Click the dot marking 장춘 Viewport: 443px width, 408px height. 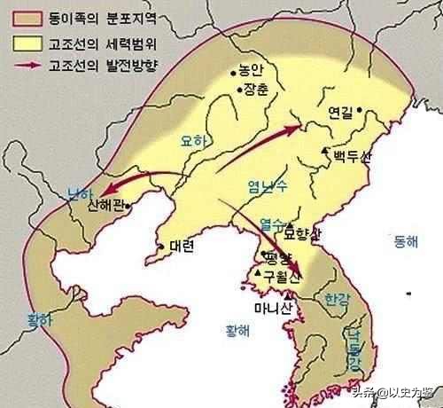pos(238,89)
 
